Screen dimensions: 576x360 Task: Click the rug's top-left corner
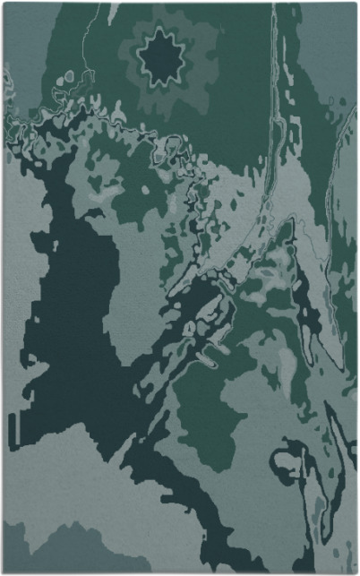4,4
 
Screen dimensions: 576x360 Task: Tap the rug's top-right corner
356,4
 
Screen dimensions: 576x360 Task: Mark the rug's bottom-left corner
4,572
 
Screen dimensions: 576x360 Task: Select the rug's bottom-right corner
356,572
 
